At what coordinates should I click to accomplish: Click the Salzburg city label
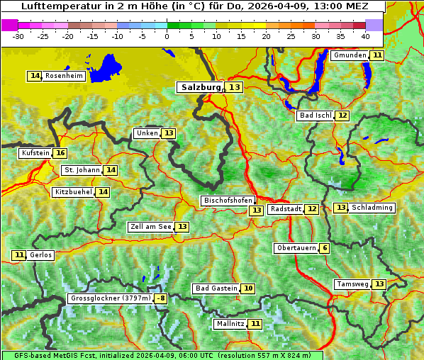pyautogui.click(x=201, y=87)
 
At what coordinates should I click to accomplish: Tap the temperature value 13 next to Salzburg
pyautogui.click(x=235, y=87)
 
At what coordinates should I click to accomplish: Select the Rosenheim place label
pyautogui.click(x=64, y=76)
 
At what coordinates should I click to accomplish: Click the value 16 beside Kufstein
pyautogui.click(x=61, y=153)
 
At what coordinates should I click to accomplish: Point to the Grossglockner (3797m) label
pyautogui.click(x=111, y=299)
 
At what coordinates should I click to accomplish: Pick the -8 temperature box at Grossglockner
pyautogui.click(x=161, y=299)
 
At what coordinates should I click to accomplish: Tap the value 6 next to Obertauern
pyautogui.click(x=324, y=248)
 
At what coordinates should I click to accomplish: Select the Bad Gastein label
pyautogui.click(x=216, y=288)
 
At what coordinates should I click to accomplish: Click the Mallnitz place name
pyautogui.click(x=230, y=324)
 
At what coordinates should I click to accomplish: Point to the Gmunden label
pyautogui.click(x=350, y=55)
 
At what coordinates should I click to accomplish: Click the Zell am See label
pyautogui.click(x=150, y=227)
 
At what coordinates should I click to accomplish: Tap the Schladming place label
pyautogui.click(x=372, y=208)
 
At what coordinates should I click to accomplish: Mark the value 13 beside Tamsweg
pyautogui.click(x=379, y=284)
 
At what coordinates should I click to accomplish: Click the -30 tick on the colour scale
pyautogui.click(x=18, y=36)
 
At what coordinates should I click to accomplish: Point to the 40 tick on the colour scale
pyautogui.click(x=365, y=36)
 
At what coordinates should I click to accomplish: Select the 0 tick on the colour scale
pyautogui.click(x=167, y=36)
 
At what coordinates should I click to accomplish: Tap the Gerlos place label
pyautogui.click(x=41, y=255)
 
